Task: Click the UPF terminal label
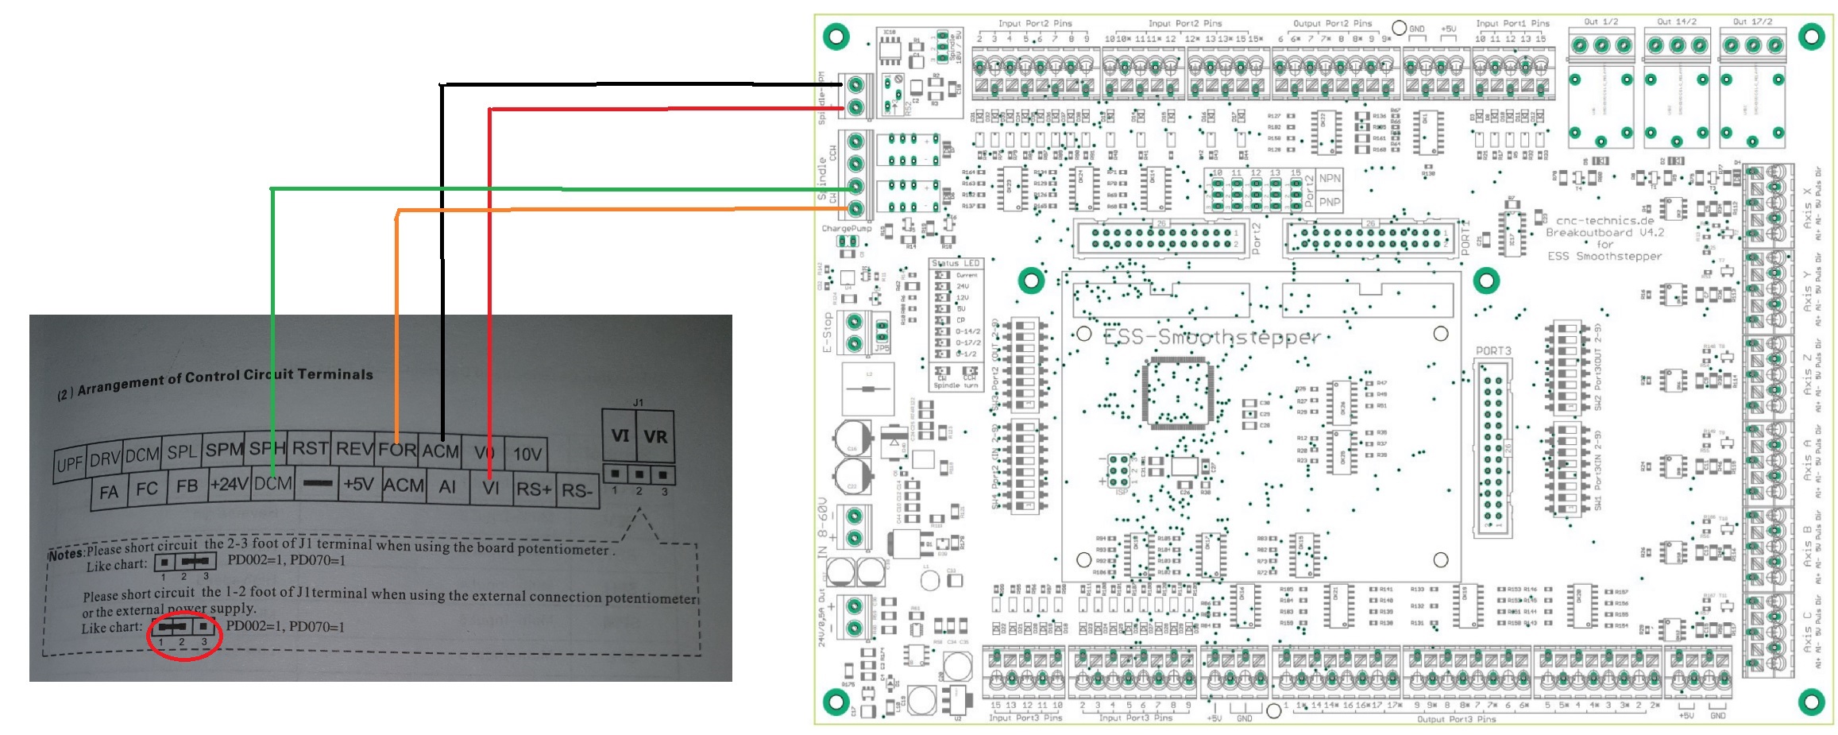point(70,463)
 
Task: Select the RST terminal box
point(310,449)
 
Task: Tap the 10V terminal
point(527,455)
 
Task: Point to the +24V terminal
point(229,484)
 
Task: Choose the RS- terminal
point(577,491)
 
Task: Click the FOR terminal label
point(397,450)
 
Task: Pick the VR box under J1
point(655,436)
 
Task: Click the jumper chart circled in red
point(183,636)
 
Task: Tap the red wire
point(490,278)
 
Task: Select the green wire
point(272,318)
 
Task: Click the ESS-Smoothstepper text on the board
point(1211,338)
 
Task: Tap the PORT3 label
point(1493,350)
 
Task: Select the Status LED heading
point(956,263)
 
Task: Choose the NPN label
point(1330,179)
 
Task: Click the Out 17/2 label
point(1751,22)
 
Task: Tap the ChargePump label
point(846,229)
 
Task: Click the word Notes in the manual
point(66,554)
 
